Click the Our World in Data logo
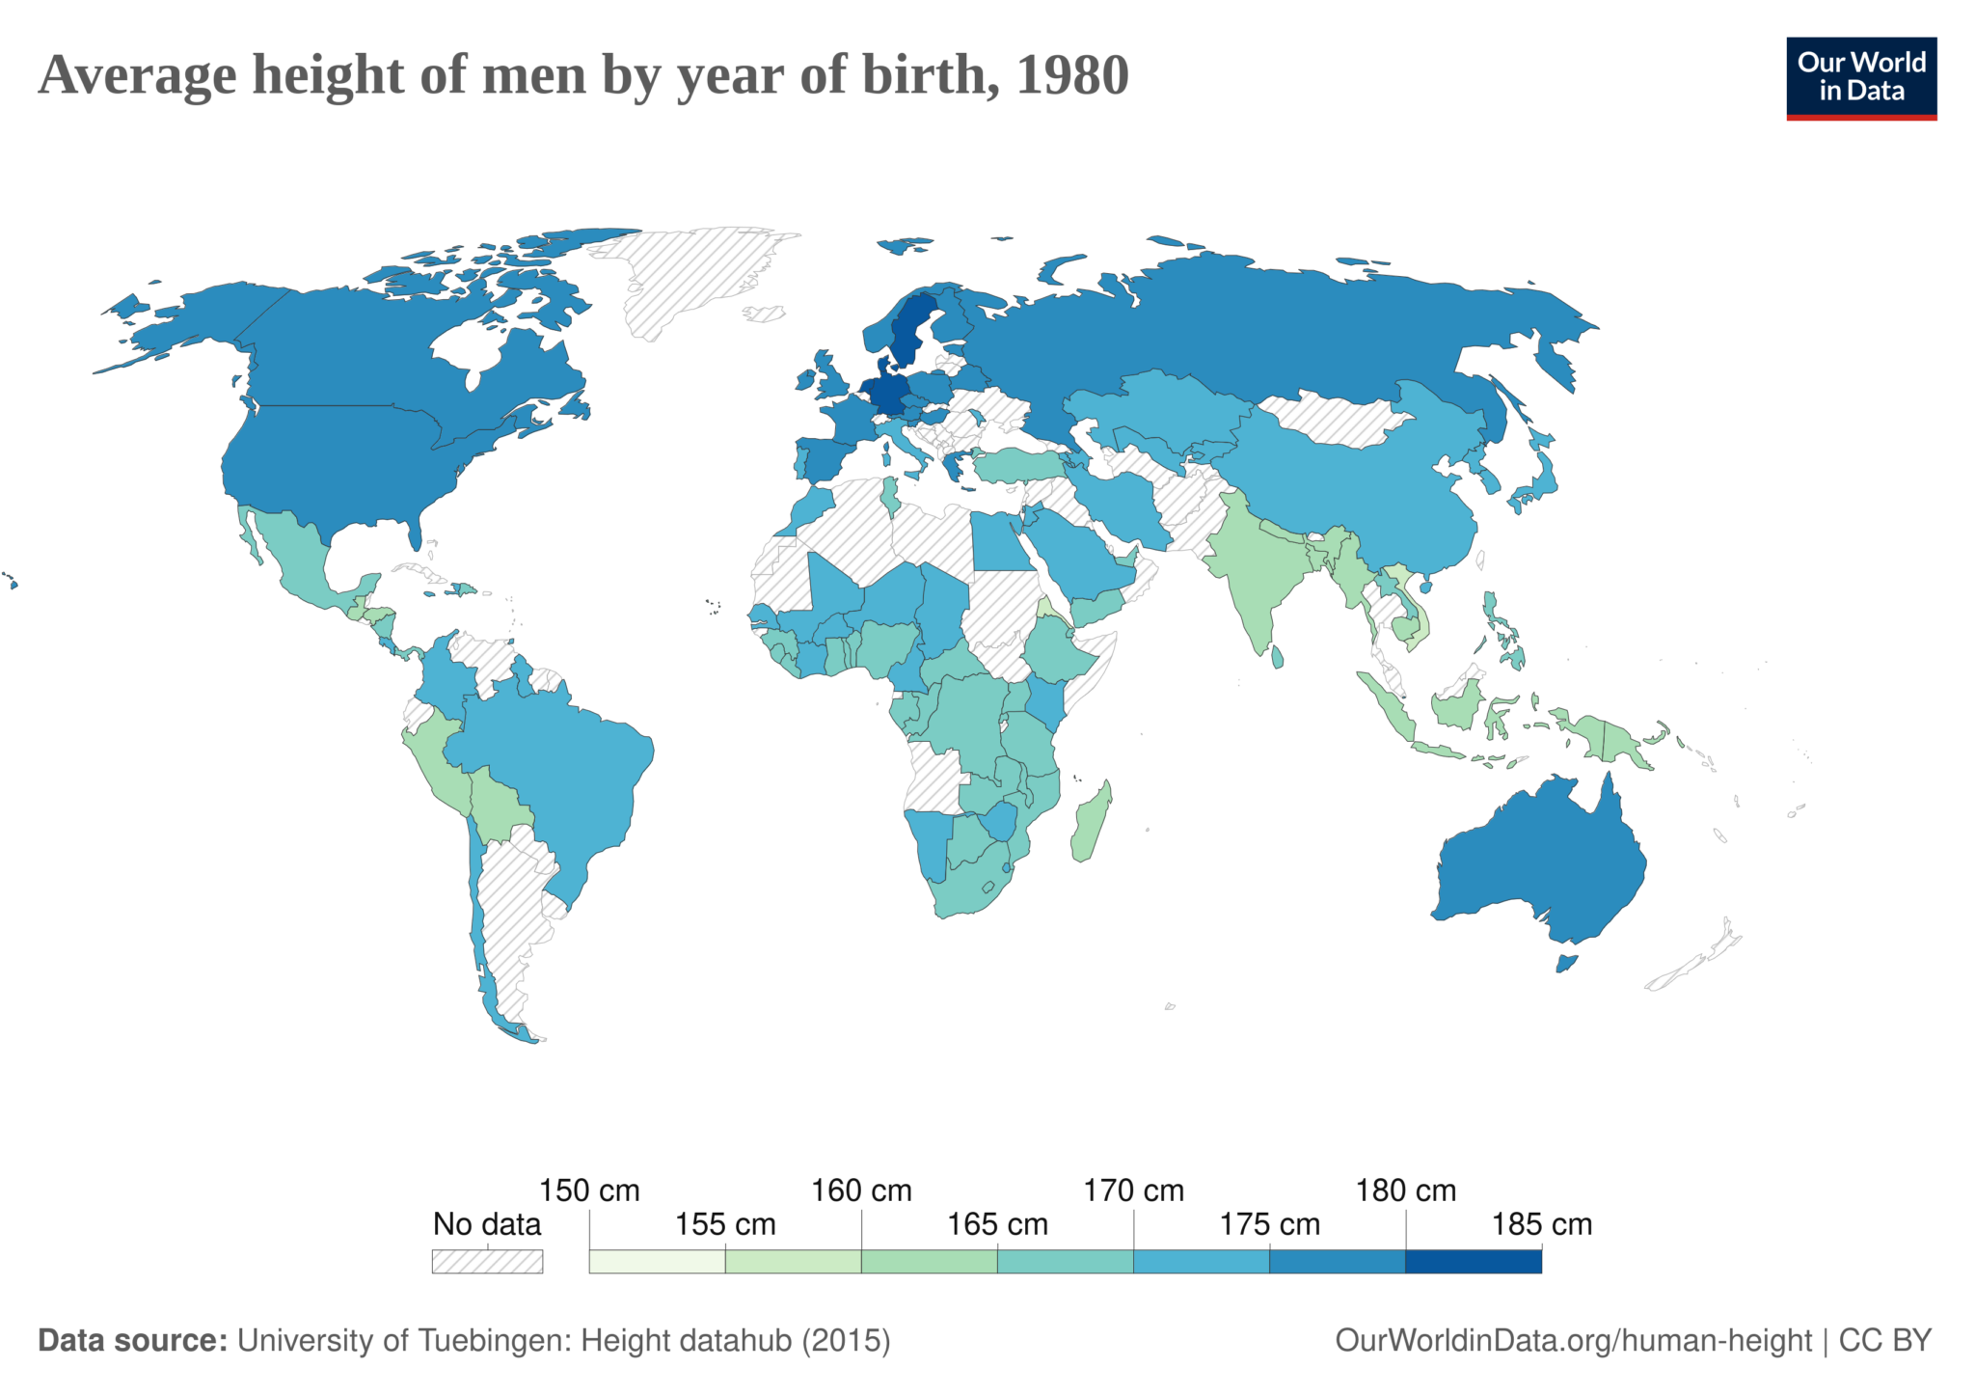pyautogui.click(x=1860, y=78)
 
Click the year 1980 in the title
pyautogui.click(x=1071, y=75)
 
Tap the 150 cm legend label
pyautogui.click(x=589, y=1190)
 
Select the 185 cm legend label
pyautogui.click(x=1541, y=1224)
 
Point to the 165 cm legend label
pyautogui.click(x=997, y=1224)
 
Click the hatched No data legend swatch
pyautogui.click(x=487, y=1261)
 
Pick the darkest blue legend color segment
pyautogui.click(x=1473, y=1261)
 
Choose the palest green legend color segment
pyautogui.click(x=657, y=1261)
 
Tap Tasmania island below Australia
pyautogui.click(x=1566, y=963)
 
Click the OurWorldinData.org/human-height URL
pyautogui.click(x=1573, y=1340)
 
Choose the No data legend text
pyautogui.click(x=487, y=1224)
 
